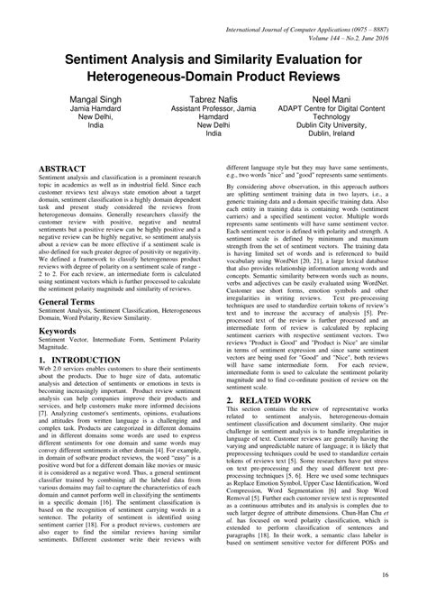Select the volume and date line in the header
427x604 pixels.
point(342,17)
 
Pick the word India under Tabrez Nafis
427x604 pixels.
point(213,133)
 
